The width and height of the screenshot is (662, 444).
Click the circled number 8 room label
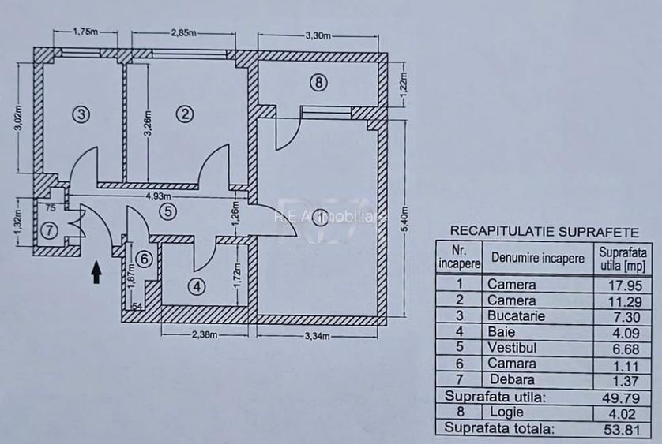tap(318, 83)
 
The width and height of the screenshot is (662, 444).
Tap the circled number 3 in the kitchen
tap(81, 114)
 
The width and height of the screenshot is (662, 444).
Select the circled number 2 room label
tap(185, 114)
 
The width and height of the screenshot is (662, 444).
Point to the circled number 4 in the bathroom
tap(197, 287)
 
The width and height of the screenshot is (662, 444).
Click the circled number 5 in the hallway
tap(168, 211)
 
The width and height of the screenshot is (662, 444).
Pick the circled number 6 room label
tap(145, 259)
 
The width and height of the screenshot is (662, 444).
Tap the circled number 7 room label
tap(50, 230)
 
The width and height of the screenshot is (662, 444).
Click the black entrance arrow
tap(96, 272)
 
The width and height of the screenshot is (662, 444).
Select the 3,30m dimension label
tap(318, 35)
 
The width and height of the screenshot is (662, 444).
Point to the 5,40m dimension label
tap(404, 218)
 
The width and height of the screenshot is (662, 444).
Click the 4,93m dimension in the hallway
tap(158, 196)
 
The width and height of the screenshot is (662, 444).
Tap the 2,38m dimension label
tap(205, 335)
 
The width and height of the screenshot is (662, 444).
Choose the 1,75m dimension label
tap(85, 32)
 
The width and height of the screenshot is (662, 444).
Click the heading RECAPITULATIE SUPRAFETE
tap(544, 232)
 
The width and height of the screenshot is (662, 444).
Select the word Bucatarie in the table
tap(516, 315)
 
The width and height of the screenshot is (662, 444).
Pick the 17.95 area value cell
tap(625, 285)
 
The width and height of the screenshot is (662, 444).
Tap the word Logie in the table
tap(506, 412)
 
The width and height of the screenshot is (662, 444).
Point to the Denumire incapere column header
tap(538, 258)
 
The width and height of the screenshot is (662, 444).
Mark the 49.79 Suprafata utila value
tap(622, 397)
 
